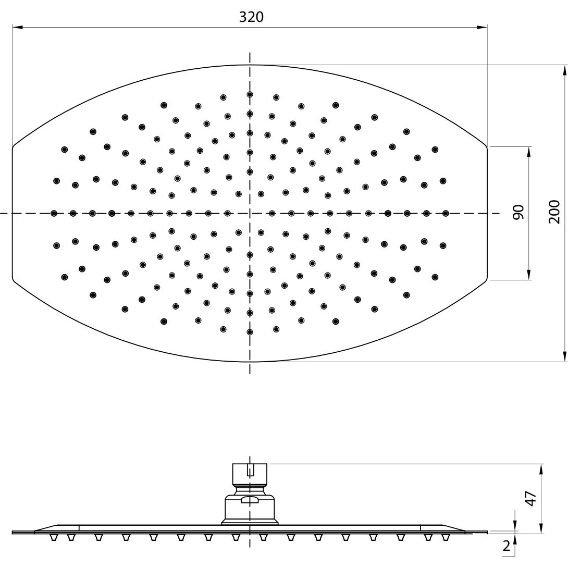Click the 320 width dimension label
[x=251, y=17]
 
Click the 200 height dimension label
[x=554, y=212]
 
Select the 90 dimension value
[x=518, y=212]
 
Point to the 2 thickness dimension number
[x=507, y=546]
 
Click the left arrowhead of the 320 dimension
[x=18, y=27]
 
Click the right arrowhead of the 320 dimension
[x=482, y=27]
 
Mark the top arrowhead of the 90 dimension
[x=529, y=152]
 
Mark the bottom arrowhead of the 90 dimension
[x=529, y=275]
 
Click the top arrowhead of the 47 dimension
[x=541, y=469]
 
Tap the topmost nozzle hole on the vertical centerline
[x=250, y=94]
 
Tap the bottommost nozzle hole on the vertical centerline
[x=250, y=332]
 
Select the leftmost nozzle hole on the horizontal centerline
[x=54, y=213]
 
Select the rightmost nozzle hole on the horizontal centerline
[x=446, y=213]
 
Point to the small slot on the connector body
[x=250, y=500]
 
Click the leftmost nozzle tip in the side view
[x=54, y=538]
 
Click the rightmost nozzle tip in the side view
[x=445, y=538]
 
